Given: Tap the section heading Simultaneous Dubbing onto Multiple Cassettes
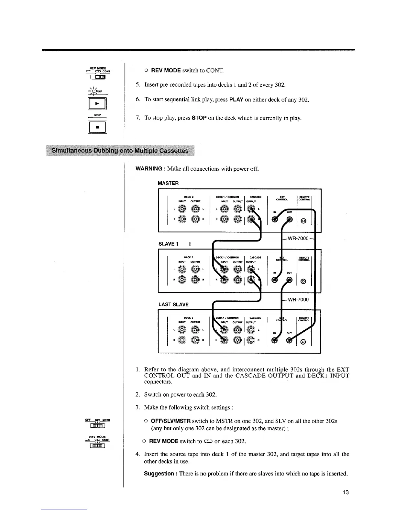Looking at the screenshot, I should pyautogui.click(x=120, y=151).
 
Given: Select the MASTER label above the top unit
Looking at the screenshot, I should pyautogui.click(x=168, y=183).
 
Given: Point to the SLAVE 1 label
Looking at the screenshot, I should pyautogui.click(x=168, y=244).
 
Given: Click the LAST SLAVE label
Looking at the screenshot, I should pyautogui.click(x=173, y=304).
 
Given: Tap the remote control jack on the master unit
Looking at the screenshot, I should pyautogui.click(x=303, y=221).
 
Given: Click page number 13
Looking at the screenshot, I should pyautogui.click(x=346, y=493).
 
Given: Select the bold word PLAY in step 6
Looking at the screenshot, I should pyautogui.click(x=236, y=100).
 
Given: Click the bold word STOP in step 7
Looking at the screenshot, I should pyautogui.click(x=199, y=118).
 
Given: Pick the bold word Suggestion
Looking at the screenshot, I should pyautogui.click(x=159, y=474).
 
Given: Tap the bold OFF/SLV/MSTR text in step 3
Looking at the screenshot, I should pyautogui.click(x=171, y=421).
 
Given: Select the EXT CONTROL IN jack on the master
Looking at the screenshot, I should pyautogui.click(x=275, y=219).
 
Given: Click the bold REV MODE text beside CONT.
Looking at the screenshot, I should pyautogui.click(x=165, y=70).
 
